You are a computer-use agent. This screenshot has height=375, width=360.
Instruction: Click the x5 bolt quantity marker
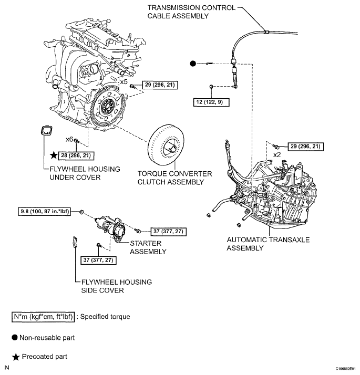pyautogui.click(x=124, y=82)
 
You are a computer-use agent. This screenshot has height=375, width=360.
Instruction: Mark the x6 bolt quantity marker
pyautogui.click(x=69, y=140)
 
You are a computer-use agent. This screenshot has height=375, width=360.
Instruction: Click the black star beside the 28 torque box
pyautogui.click(x=53, y=155)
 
